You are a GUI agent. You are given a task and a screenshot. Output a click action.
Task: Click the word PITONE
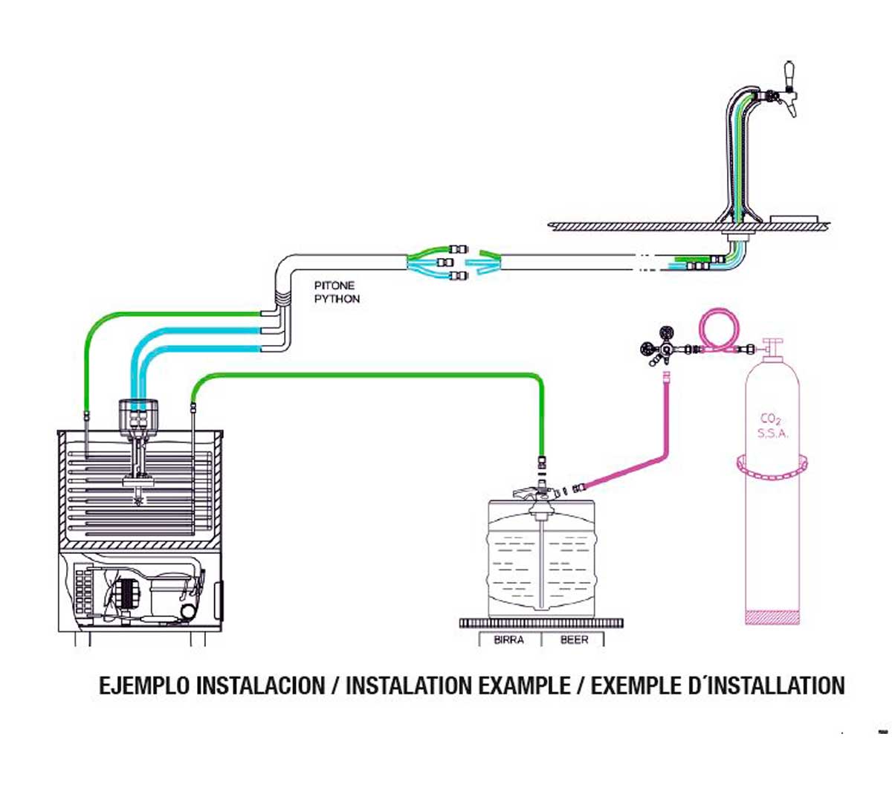[x=334, y=286]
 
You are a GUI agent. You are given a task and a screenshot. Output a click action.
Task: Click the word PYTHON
[x=337, y=299]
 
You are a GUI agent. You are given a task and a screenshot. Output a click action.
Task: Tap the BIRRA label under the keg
[x=508, y=639]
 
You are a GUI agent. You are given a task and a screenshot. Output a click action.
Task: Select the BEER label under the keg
[x=574, y=639]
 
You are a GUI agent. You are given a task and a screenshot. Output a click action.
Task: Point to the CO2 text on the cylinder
[x=771, y=419]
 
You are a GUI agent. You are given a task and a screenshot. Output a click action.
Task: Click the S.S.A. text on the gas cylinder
[x=772, y=433]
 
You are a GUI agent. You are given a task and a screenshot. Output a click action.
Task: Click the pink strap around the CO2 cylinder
[x=772, y=465]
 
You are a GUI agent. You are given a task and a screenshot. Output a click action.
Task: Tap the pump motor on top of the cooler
[x=138, y=416]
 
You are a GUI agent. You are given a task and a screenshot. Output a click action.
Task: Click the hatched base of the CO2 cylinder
[x=772, y=618]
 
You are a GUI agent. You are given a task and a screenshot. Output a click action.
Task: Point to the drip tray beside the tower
[x=795, y=219]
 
